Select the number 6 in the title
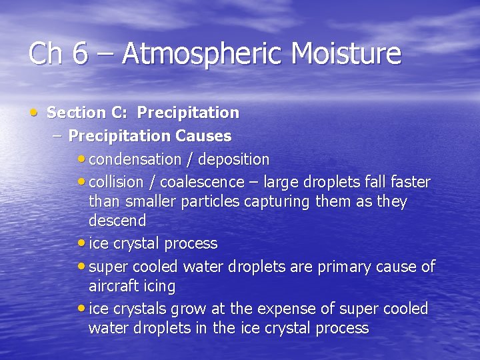tap(80, 54)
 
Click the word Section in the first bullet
tap(76, 113)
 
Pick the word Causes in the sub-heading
tap(203, 136)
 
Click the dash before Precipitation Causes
tap(56, 136)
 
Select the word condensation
tap(135, 160)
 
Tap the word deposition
tap(233, 160)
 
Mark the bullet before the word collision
tap(81, 182)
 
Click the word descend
tap(117, 221)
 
